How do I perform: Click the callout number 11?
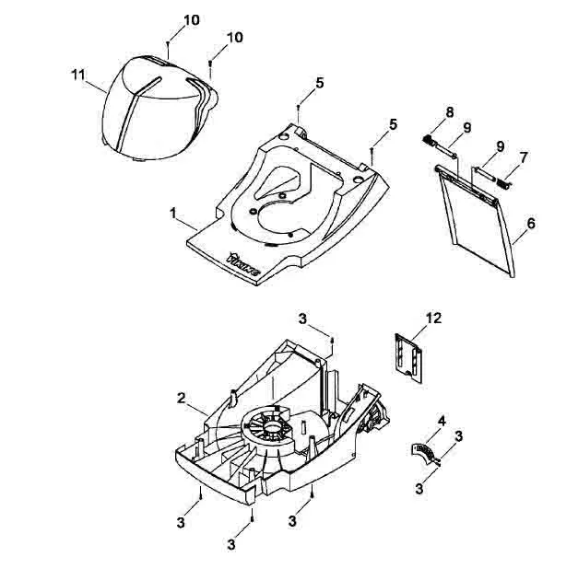pos(77,75)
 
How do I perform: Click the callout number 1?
pos(172,214)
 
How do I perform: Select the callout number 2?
pos(181,399)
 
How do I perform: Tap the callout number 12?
pos(433,318)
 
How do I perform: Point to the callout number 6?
pos(531,224)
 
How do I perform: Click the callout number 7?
pos(523,158)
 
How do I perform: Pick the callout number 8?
pos(450,112)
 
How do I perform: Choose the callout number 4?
pos(442,421)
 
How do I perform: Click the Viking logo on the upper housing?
pos(242,264)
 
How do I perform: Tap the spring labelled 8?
pos(428,140)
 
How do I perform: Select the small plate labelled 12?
pos(408,358)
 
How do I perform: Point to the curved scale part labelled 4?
pos(426,452)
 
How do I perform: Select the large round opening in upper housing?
pos(284,221)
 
